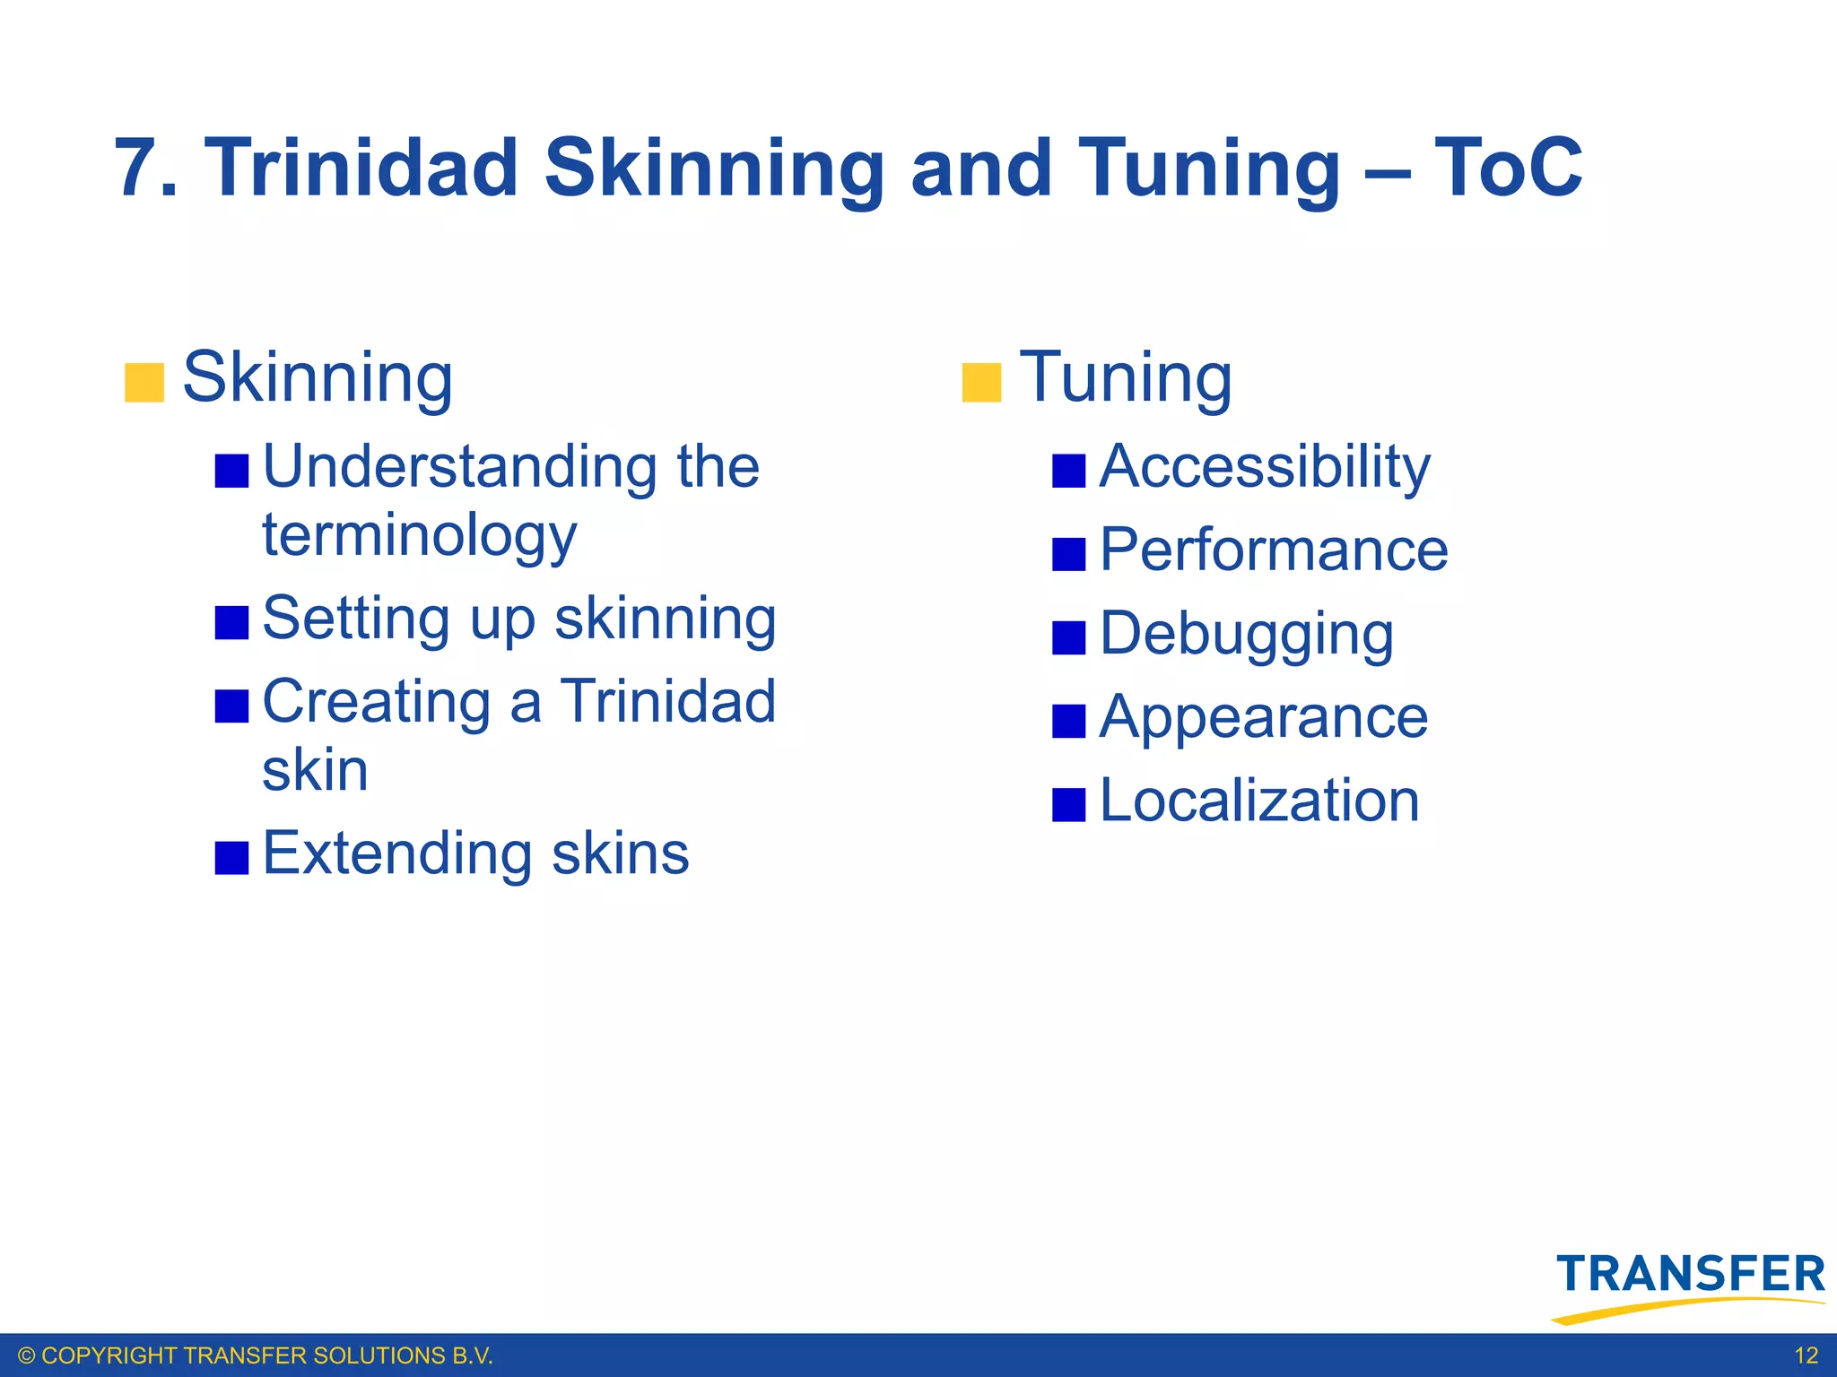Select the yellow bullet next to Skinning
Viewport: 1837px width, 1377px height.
[144, 383]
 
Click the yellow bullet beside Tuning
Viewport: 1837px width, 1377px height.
[981, 383]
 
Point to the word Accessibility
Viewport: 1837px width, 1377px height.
[1265, 467]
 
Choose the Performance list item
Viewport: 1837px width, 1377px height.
[1274, 550]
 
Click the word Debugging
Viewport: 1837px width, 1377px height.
[1246, 634]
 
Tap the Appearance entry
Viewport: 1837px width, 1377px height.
[1264, 717]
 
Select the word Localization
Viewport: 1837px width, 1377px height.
[1259, 801]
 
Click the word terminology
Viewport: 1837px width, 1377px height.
[419, 536]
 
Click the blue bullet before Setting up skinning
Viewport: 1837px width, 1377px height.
[231, 622]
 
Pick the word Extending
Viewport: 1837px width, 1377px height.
[396, 853]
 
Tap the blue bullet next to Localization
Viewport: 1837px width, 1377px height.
[1068, 804]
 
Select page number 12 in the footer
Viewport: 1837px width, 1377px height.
[1806, 1355]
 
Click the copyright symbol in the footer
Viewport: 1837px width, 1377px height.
[27, 1355]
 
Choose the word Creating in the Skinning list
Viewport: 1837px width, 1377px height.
[376, 701]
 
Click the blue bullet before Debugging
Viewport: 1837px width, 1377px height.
[1068, 637]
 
